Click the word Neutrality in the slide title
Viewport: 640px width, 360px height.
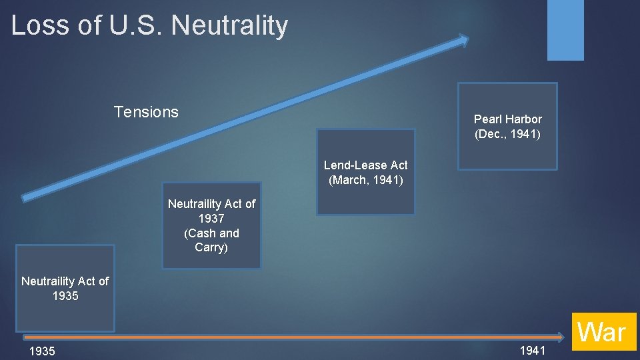229,25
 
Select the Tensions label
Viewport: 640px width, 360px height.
146,112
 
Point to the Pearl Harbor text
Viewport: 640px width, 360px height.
507,119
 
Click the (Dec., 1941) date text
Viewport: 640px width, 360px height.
507,134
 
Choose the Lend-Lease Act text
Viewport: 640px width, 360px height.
365,165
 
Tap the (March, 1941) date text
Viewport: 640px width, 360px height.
365,180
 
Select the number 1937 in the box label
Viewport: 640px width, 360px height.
211,219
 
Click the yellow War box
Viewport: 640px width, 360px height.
602,332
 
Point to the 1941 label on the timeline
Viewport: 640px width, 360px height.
532,351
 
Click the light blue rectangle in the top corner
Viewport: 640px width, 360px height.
565,29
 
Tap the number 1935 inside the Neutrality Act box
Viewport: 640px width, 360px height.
65,296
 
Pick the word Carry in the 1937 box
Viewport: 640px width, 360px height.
210,247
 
